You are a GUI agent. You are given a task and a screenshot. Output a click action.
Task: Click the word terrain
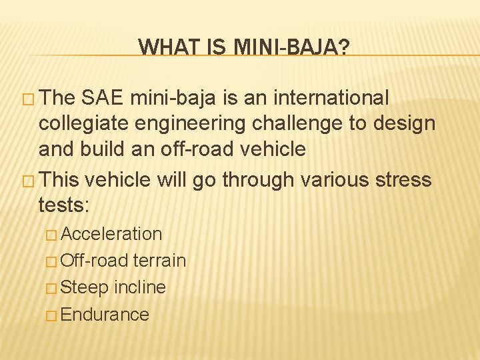(159, 261)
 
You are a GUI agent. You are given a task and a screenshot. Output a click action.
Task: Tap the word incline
(140, 287)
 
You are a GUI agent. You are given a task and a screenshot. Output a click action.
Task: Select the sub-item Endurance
(105, 314)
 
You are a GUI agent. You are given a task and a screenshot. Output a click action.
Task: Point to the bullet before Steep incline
(52, 288)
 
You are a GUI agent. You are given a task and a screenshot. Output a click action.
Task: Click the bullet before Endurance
(52, 315)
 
